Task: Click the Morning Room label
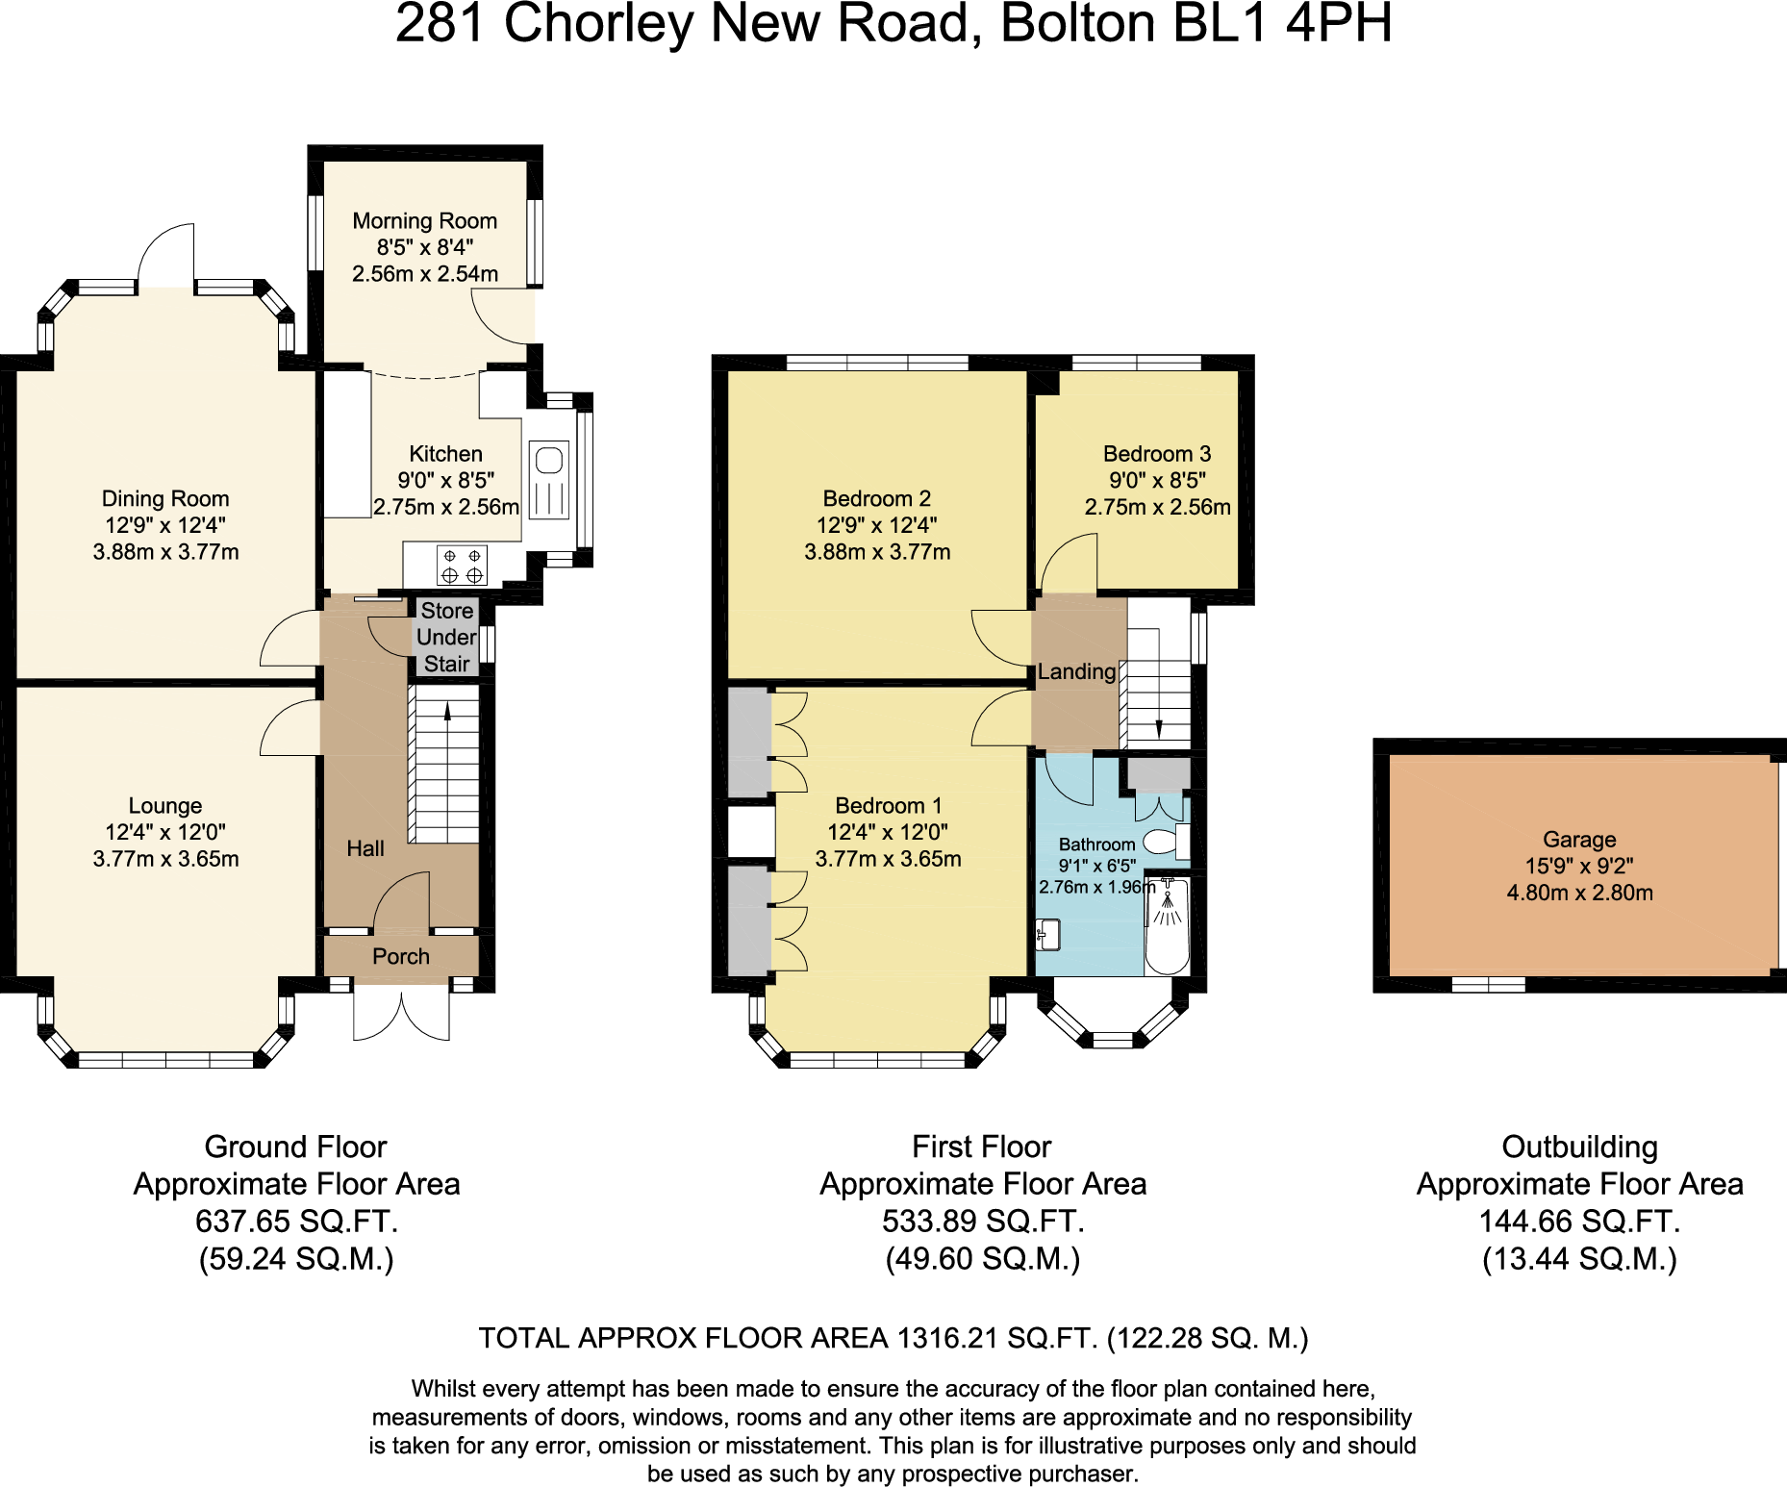(x=424, y=221)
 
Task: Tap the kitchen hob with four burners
(x=462, y=566)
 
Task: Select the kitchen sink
(x=548, y=480)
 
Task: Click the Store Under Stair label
(x=446, y=637)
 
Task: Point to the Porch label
(x=400, y=956)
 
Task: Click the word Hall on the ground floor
(x=365, y=848)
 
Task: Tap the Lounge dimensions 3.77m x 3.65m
(x=165, y=859)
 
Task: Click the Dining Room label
(x=165, y=498)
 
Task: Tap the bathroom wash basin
(x=1047, y=934)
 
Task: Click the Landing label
(x=1076, y=671)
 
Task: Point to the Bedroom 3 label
(x=1156, y=454)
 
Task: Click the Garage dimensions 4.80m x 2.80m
(x=1579, y=893)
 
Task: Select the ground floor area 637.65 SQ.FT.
(x=296, y=1221)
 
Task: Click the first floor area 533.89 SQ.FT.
(x=982, y=1221)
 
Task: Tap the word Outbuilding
(x=1579, y=1147)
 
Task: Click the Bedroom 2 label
(x=876, y=498)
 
